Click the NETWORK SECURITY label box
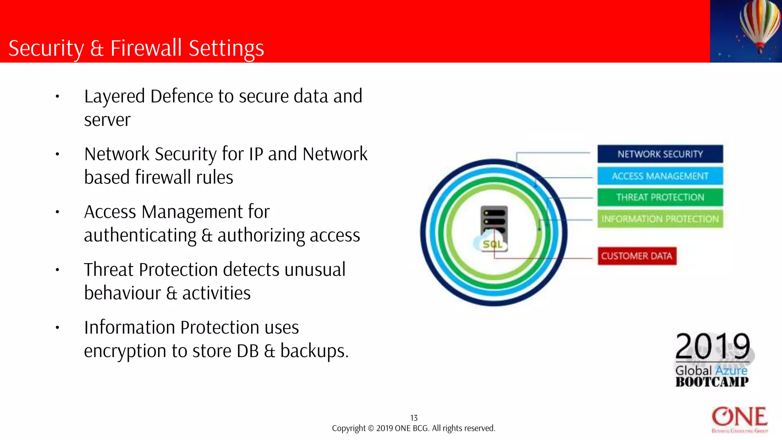pyautogui.click(x=660, y=154)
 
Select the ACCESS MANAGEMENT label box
pyautogui.click(x=660, y=176)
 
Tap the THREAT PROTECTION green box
pyautogui.click(x=660, y=197)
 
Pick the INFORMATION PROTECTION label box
pyautogui.click(x=660, y=219)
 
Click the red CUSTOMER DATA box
pyautogui.click(x=637, y=256)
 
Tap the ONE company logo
pyautogui.click(x=740, y=419)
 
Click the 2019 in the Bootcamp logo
pyautogui.click(x=713, y=346)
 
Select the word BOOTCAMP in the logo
pyautogui.click(x=712, y=382)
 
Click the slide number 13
pyautogui.click(x=414, y=418)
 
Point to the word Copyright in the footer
pyautogui.click(x=348, y=429)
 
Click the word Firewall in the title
pyautogui.click(x=146, y=49)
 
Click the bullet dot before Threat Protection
pyautogui.click(x=57, y=270)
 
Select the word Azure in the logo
pyautogui.click(x=731, y=370)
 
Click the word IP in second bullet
pyautogui.click(x=256, y=154)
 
